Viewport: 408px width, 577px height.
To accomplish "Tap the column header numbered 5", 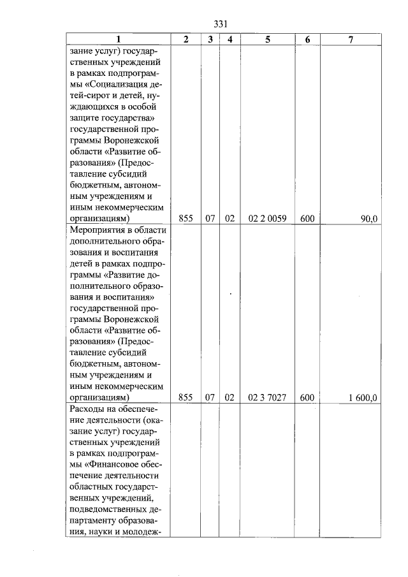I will click(x=267, y=40).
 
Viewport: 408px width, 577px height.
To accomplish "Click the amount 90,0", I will click(x=369, y=219).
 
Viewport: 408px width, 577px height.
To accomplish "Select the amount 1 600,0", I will click(x=363, y=398).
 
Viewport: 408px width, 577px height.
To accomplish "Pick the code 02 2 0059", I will click(x=267, y=219).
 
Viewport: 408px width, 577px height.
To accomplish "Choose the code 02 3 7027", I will click(x=267, y=398).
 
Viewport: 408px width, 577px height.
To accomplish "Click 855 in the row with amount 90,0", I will click(x=186, y=219).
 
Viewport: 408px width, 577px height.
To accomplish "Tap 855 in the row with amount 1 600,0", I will click(x=186, y=398).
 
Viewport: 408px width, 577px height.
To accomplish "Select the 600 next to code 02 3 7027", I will click(x=307, y=398).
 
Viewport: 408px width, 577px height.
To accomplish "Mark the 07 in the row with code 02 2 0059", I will click(x=210, y=219).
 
